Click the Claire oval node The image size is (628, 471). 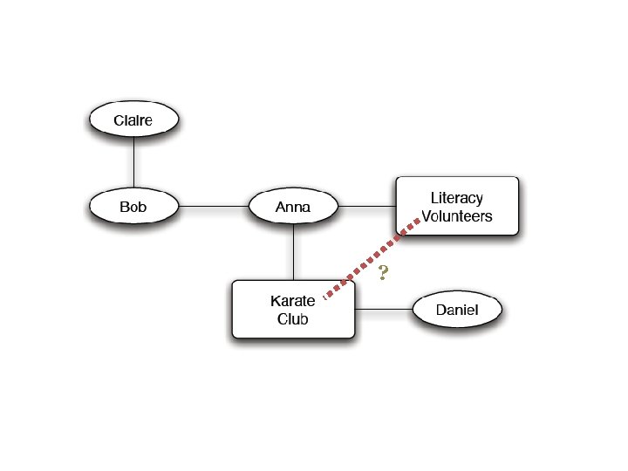tap(133, 120)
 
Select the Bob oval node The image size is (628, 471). tap(133, 208)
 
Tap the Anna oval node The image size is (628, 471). tap(293, 208)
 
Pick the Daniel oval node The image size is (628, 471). tap(457, 310)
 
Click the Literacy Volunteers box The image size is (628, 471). tap(457, 207)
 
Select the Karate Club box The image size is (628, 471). tap(293, 310)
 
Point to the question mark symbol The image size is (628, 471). tap(383, 273)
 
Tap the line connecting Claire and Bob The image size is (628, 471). tap(133, 163)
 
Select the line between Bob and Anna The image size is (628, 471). tap(214, 208)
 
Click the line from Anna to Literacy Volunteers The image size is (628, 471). tap(366, 208)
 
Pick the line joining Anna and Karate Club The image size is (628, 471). tap(293, 252)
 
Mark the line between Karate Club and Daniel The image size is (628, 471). tap(383, 310)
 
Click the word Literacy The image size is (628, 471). tap(456, 198)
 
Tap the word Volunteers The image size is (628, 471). tap(457, 216)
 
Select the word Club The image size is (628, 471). tap(293, 319)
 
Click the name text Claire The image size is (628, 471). tap(133, 120)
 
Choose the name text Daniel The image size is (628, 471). tap(457, 310)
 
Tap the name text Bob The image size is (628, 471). tap(133, 208)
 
